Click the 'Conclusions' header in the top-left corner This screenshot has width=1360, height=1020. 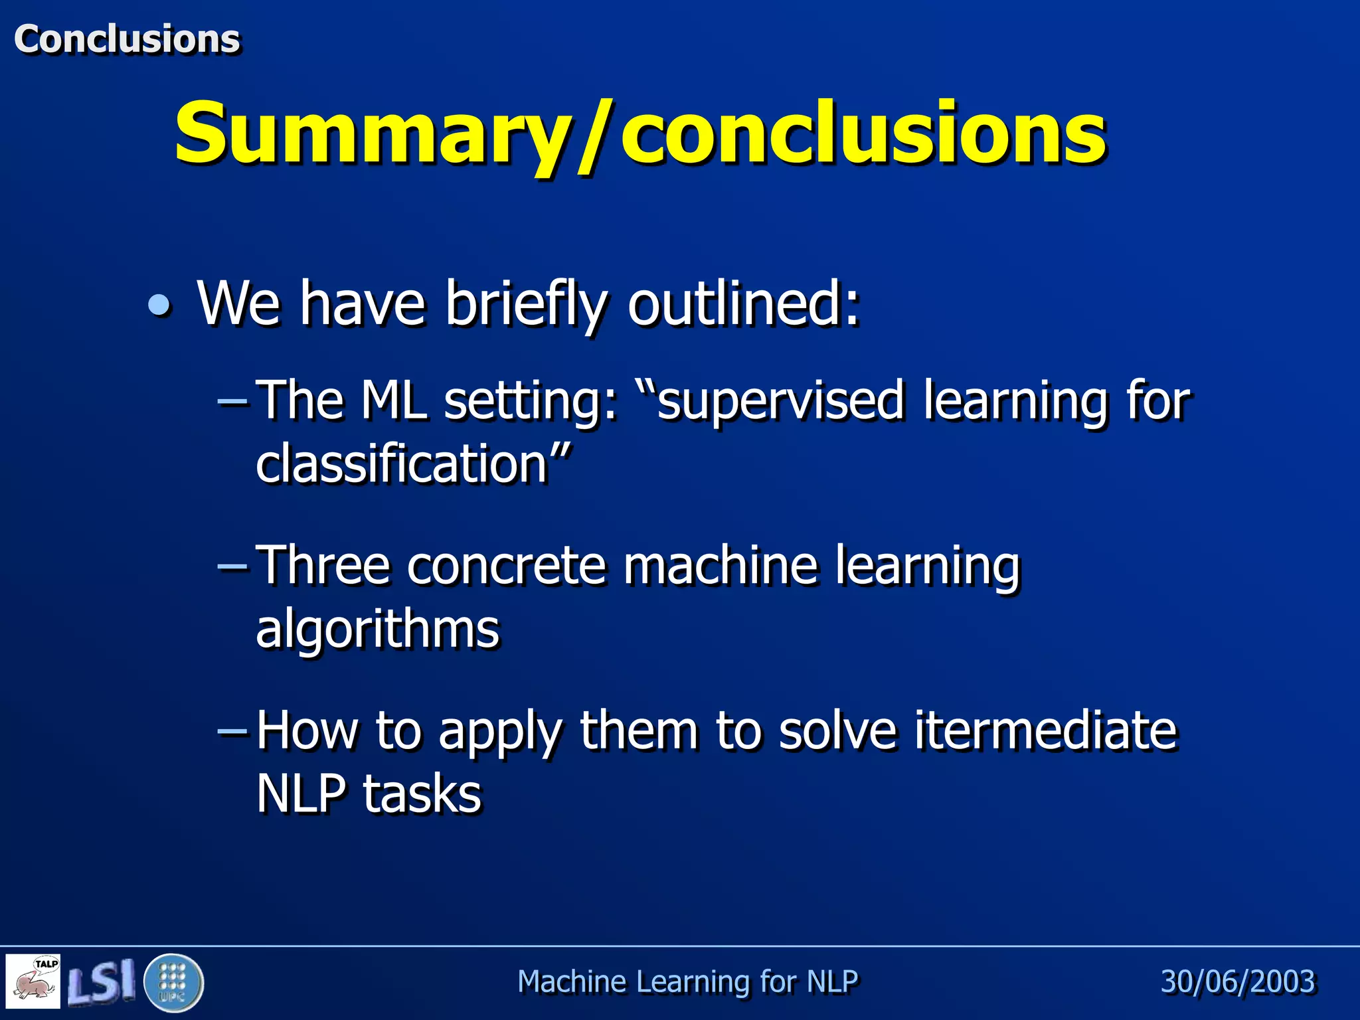[127, 39]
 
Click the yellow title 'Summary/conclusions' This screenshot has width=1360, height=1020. [640, 133]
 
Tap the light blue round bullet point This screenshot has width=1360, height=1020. [159, 306]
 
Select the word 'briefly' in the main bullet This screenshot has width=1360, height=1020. [526, 304]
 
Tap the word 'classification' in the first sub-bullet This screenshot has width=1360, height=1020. [401, 464]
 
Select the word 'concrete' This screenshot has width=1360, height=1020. [507, 565]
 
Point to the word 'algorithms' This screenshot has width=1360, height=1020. [377, 629]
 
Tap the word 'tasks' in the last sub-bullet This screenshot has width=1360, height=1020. [422, 794]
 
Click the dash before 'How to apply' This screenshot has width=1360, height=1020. [232, 730]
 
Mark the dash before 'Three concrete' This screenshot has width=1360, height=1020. [232, 566]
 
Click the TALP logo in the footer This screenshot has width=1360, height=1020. [33, 981]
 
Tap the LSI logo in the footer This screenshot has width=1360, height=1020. [102, 981]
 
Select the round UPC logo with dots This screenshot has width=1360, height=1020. [173, 982]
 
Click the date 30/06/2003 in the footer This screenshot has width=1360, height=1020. [1238, 981]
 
